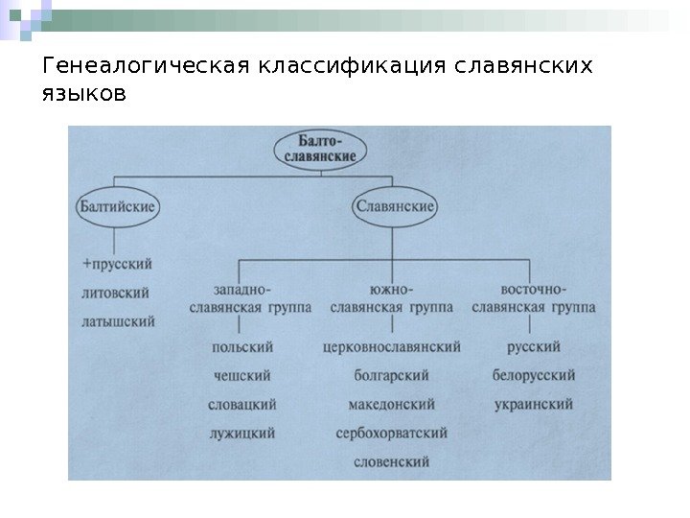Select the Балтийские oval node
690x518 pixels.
pos(118,205)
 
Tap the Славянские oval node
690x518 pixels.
pos(396,205)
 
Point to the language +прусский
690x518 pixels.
pos(118,262)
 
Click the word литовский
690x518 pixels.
pos(117,292)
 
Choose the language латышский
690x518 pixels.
pos(118,321)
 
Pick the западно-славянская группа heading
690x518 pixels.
pos(242,297)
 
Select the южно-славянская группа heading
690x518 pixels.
pos(391,297)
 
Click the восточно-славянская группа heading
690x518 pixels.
pos(533,297)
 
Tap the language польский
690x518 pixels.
pos(241,346)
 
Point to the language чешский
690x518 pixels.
pos(241,375)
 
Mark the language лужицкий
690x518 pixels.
pos(241,433)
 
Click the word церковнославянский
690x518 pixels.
pos(392,346)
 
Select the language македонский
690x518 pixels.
pos(392,404)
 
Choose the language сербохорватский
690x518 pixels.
pos(392,433)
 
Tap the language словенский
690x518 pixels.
pos(391,461)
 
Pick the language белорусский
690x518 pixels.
pos(534,375)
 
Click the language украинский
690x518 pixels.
pos(534,404)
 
